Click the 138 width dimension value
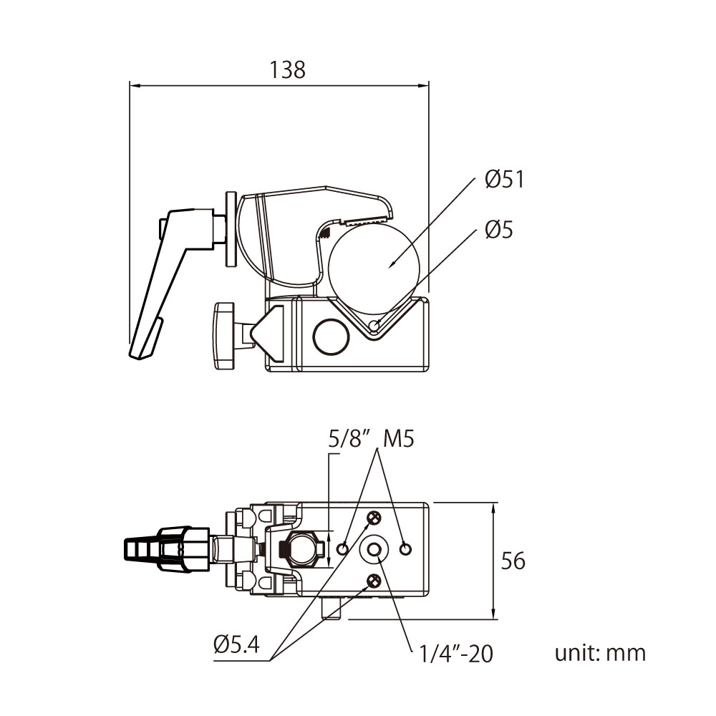[287, 69]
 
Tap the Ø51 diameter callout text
[504, 179]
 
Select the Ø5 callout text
[499, 230]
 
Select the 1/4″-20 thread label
[457, 653]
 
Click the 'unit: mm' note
[600, 653]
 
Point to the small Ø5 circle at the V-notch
[374, 327]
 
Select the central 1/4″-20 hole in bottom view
[374, 549]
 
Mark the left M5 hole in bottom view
[344, 549]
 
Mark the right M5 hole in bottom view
[406, 549]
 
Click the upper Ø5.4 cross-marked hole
[374, 518]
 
